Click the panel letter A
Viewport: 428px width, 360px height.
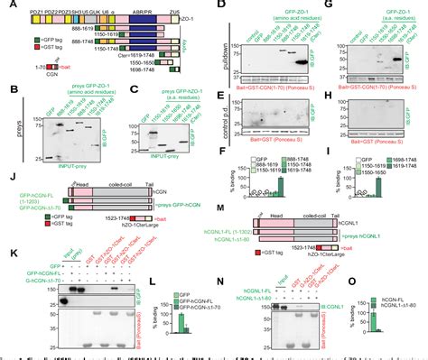(6, 7)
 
